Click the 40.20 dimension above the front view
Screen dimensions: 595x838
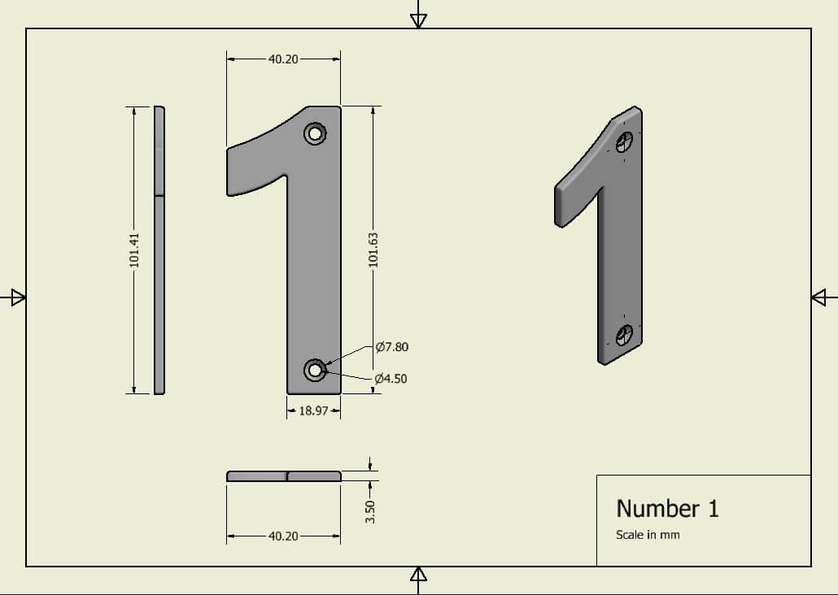[x=283, y=59]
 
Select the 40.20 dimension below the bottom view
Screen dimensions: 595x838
[x=283, y=536]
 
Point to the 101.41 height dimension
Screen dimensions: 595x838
[x=135, y=250]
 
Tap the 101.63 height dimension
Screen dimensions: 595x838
[x=373, y=250]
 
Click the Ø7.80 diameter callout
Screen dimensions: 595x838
[x=391, y=347]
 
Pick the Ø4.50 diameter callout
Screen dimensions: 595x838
[x=391, y=379]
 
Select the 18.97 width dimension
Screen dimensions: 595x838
[x=313, y=411]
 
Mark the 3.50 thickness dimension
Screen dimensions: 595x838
[x=370, y=511]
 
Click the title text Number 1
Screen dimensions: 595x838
[x=667, y=509]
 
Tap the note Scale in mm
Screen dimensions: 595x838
[x=648, y=535]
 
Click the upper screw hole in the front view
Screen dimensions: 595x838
[x=315, y=133]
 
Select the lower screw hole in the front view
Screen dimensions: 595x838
[x=315, y=371]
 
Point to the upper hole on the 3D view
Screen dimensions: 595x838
[x=624, y=142]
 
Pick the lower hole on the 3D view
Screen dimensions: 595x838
[x=625, y=334]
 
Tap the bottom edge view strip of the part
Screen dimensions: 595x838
[x=283, y=476]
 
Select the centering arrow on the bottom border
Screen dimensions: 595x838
[x=418, y=576]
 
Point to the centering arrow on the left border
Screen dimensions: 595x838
[x=15, y=297]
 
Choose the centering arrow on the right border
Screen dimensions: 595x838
[x=822, y=297]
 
